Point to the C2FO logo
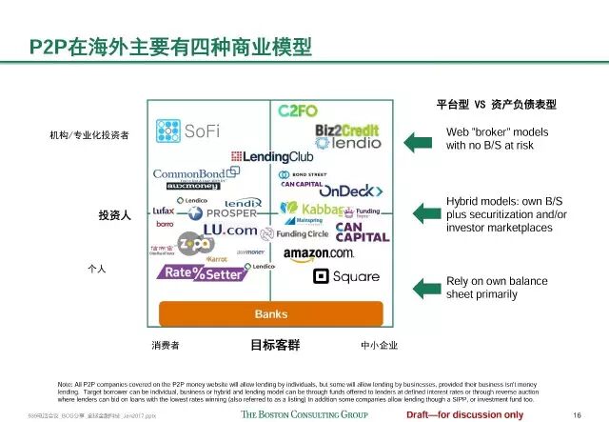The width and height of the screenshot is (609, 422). point(298,111)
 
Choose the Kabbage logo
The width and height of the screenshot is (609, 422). point(312,210)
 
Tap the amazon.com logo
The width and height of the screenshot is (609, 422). point(318,253)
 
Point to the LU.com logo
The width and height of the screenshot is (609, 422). point(229,231)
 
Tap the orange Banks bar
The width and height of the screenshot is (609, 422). point(270,314)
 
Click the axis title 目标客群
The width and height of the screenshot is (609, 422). point(274,345)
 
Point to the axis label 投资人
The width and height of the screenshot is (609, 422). point(114,216)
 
